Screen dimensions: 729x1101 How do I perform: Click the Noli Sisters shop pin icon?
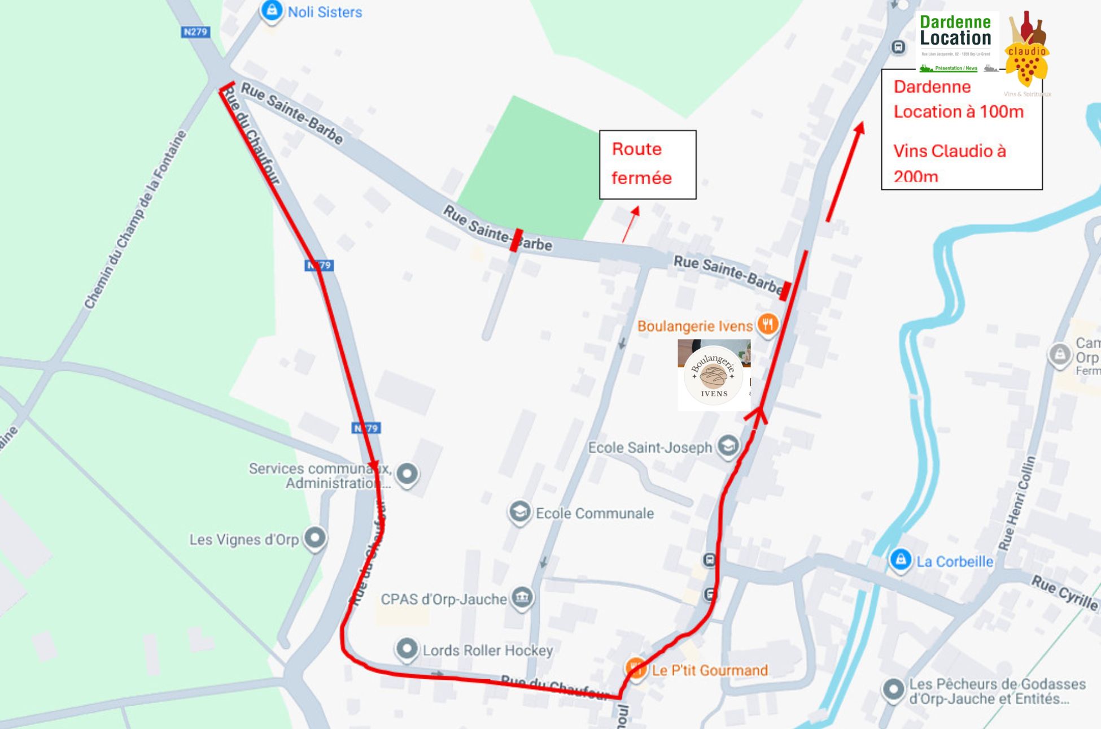(x=272, y=11)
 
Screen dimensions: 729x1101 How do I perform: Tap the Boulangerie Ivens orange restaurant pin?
(x=767, y=325)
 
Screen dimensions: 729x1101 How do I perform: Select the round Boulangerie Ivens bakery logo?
(x=714, y=375)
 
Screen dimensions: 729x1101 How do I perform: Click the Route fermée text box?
(x=647, y=164)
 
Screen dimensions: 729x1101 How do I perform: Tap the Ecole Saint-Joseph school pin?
(x=728, y=446)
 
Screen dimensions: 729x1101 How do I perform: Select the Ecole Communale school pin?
(x=519, y=512)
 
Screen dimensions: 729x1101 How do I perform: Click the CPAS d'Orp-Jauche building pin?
(x=522, y=597)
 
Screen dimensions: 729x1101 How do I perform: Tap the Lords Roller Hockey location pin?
(x=407, y=649)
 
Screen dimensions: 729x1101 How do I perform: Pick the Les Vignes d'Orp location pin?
(x=315, y=537)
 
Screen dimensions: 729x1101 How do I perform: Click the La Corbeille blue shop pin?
(x=900, y=560)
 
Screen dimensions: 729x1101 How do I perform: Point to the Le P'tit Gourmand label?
(x=710, y=670)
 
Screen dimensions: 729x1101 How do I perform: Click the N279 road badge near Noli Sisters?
(x=195, y=32)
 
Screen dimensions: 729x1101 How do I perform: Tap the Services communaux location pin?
(x=407, y=474)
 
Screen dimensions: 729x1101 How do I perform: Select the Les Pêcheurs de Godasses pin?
(x=893, y=690)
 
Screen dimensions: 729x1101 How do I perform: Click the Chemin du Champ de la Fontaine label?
(x=136, y=220)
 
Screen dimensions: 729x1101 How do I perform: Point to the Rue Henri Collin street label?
(x=1017, y=503)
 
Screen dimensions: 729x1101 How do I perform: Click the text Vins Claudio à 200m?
(x=949, y=163)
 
